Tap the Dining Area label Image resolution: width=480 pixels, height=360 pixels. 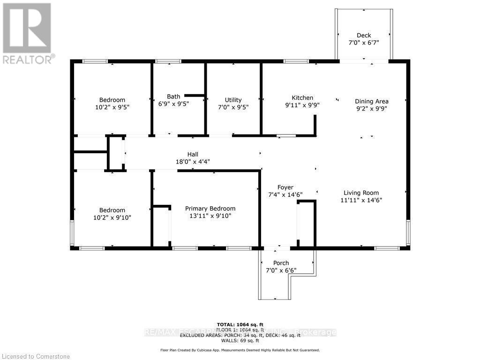point(371,101)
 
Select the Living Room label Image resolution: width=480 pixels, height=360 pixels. point(360,193)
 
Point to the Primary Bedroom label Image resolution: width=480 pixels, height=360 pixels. point(210,209)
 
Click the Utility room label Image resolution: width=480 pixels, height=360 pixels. point(233,100)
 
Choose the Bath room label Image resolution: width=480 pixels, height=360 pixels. point(173,97)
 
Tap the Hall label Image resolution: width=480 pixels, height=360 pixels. point(193,154)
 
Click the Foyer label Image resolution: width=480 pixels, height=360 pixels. point(285,187)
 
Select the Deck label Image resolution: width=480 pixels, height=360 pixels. point(363,35)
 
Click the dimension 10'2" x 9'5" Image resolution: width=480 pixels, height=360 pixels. point(112,107)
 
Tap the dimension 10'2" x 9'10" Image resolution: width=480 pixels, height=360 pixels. point(112,217)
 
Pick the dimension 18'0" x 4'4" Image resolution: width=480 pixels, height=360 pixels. point(193,162)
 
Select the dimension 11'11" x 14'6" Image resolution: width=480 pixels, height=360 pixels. point(360,200)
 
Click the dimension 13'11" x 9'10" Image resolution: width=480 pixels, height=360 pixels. point(210,216)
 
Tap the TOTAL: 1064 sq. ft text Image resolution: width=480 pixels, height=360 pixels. point(240,324)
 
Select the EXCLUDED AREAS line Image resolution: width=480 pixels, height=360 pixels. point(240,335)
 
